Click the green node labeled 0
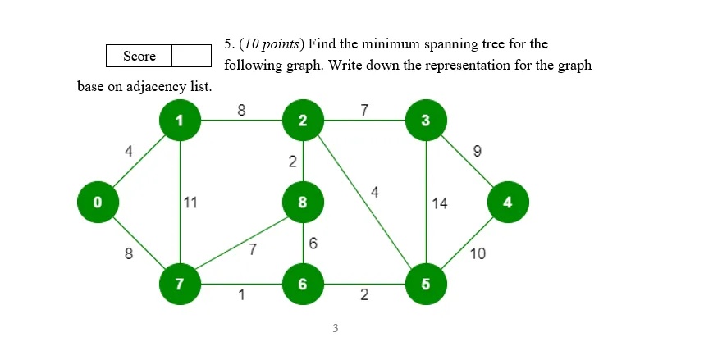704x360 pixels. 98,202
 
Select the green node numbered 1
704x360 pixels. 180,121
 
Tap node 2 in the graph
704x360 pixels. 303,121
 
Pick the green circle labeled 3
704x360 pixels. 425,121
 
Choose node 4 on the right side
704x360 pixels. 508,202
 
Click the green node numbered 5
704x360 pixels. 425,284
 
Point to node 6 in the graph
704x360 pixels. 303,284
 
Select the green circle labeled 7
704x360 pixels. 180,284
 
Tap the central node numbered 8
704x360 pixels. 303,202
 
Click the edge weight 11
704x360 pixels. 190,203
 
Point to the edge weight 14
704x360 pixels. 440,203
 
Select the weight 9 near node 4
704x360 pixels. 478,151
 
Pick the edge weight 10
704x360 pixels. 478,254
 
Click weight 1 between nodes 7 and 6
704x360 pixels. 241,296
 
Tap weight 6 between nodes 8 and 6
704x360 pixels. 313,244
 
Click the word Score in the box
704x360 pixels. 139,56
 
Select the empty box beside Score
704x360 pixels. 192,56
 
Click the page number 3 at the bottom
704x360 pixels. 336,329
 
